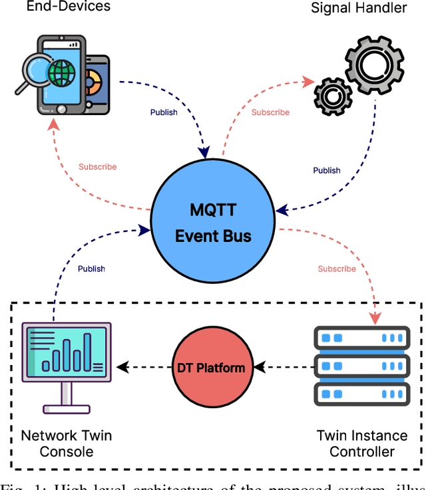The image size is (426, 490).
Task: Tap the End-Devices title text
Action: [68, 7]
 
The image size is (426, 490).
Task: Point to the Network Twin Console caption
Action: [67, 443]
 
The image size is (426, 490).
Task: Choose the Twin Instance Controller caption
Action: [362, 443]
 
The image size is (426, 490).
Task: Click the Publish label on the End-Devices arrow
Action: [164, 112]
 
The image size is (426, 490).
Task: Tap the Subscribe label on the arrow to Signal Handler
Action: [270, 112]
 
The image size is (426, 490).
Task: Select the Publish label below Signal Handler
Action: [327, 170]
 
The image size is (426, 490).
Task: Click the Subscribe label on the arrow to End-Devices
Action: [97, 167]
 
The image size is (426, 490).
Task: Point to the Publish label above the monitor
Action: [91, 269]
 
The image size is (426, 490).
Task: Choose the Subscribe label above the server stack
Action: [337, 269]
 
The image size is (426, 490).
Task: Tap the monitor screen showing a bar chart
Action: [67, 352]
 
